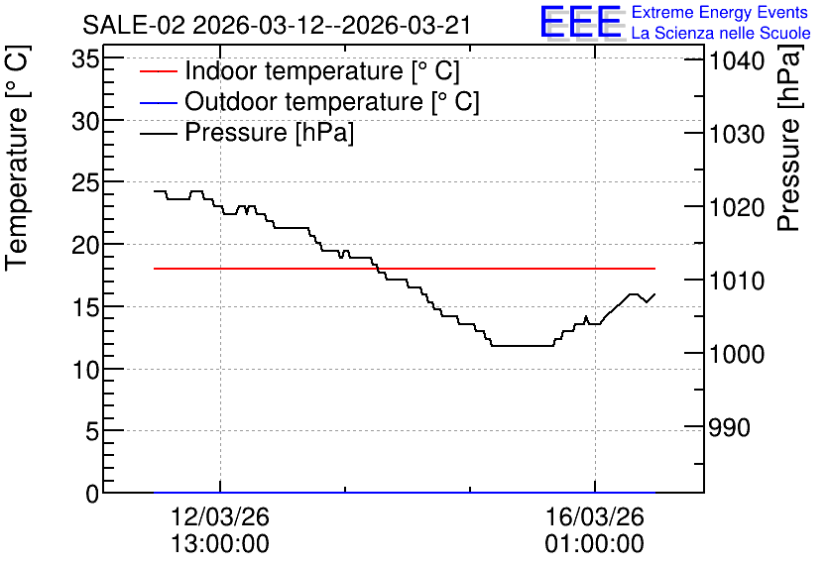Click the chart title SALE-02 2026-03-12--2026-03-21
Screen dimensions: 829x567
[x=276, y=25]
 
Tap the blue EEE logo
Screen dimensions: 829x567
[x=580, y=23]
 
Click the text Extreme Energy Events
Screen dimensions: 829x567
[x=720, y=12]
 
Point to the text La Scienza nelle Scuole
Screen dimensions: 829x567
[x=721, y=34]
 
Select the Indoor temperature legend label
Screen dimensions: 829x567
[x=322, y=70]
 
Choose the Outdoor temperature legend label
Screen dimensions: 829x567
[x=332, y=101]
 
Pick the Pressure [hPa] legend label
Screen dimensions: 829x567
[x=269, y=132]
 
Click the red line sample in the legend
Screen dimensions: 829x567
[x=159, y=71]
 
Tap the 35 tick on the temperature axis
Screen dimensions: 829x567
[x=85, y=58]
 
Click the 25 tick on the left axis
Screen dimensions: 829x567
[x=85, y=182]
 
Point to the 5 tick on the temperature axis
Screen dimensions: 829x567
[x=92, y=432]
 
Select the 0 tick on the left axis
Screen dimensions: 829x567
[x=92, y=494]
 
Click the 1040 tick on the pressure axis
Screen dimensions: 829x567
[x=737, y=61]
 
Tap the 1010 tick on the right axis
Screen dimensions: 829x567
[x=737, y=281]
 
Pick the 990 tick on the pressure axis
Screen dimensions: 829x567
[x=730, y=427]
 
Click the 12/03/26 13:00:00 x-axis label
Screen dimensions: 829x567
[x=220, y=530]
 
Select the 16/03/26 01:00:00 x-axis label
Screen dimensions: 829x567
[x=595, y=530]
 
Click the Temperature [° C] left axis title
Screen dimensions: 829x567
[x=17, y=159]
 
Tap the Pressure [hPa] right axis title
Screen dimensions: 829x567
[x=789, y=138]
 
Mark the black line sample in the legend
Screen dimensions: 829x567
[x=159, y=133]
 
